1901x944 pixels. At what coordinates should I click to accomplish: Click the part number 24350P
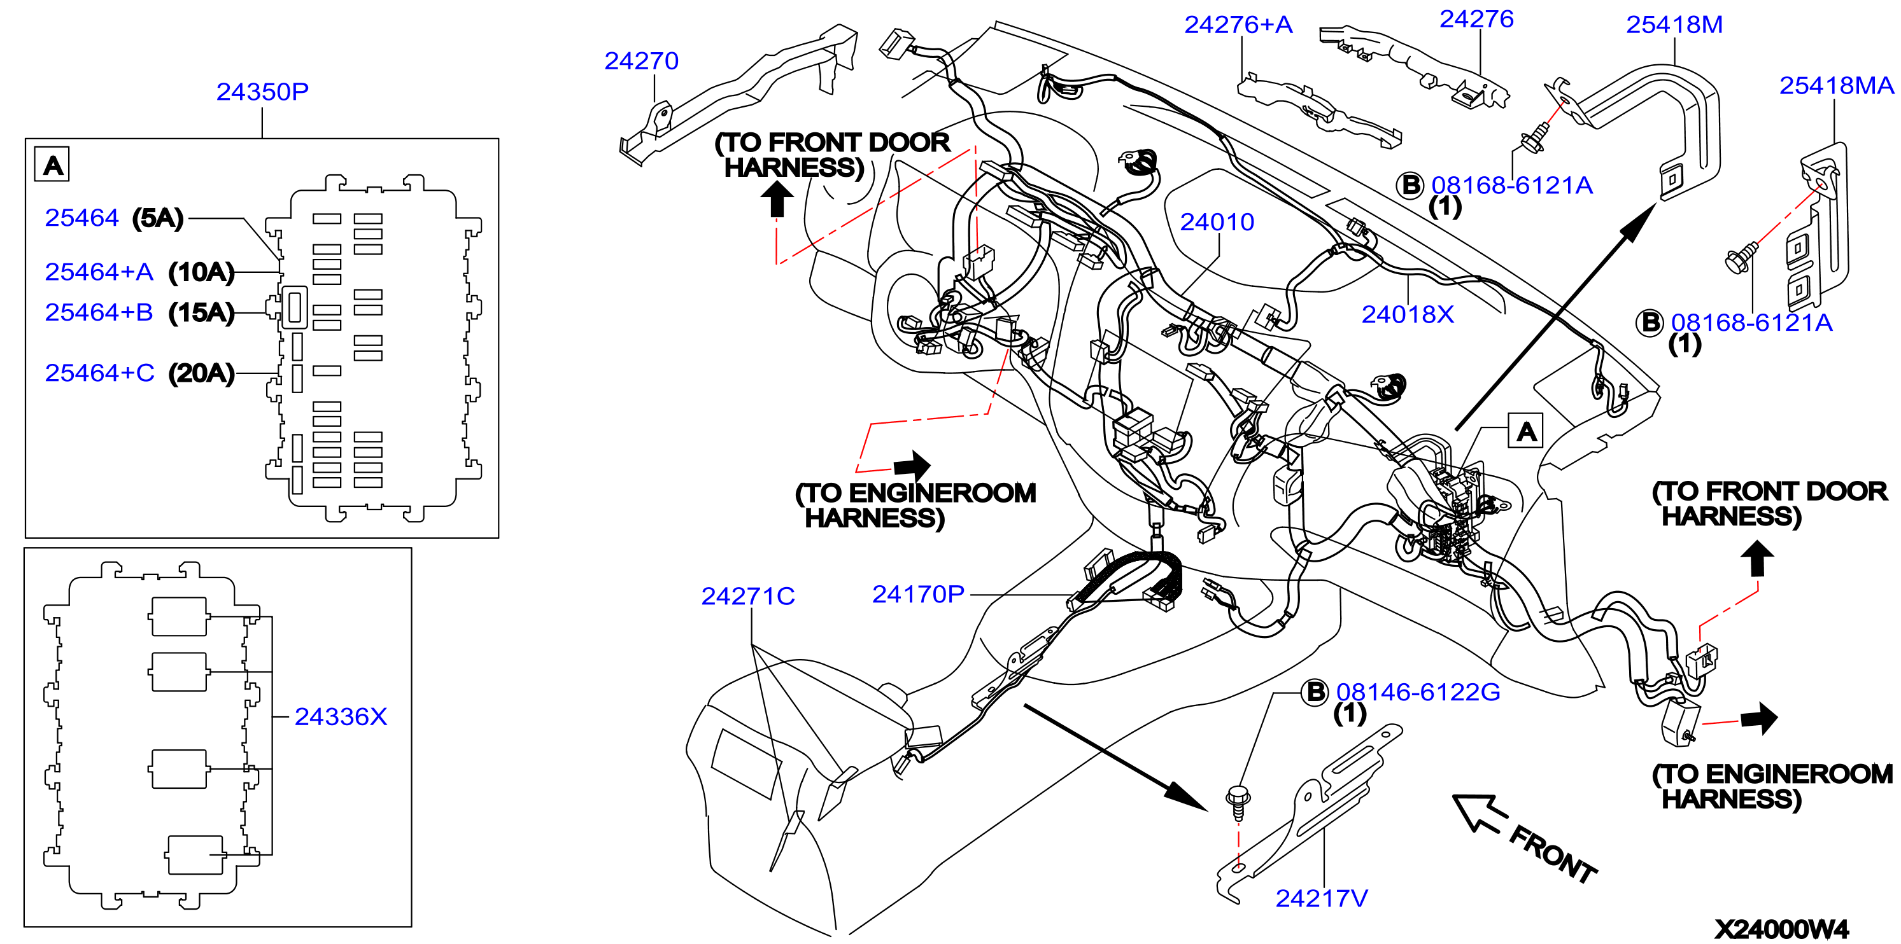coord(262,92)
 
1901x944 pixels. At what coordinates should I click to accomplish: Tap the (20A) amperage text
coord(201,373)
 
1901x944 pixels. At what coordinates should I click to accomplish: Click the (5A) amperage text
coord(158,218)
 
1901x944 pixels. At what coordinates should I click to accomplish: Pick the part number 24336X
coord(340,716)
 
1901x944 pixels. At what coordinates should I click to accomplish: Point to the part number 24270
coord(641,60)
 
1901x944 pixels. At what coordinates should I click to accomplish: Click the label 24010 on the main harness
coord(1217,222)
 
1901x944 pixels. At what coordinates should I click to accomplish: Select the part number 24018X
coord(1408,314)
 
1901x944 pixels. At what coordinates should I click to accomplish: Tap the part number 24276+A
coord(1238,24)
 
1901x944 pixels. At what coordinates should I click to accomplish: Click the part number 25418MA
coord(1836,85)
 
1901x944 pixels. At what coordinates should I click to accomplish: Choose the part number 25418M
coord(1674,24)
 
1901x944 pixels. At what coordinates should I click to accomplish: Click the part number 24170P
coord(918,593)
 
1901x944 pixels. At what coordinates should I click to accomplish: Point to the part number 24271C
coord(747,596)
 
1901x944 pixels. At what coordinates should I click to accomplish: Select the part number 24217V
coord(1322,898)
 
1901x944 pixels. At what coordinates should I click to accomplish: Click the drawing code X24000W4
coord(1781,929)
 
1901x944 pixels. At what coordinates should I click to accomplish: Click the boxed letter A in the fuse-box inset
coord(52,165)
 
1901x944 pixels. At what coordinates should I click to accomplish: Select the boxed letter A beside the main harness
coord(1525,431)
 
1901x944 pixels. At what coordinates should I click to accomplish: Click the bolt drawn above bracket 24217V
coord(1238,802)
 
